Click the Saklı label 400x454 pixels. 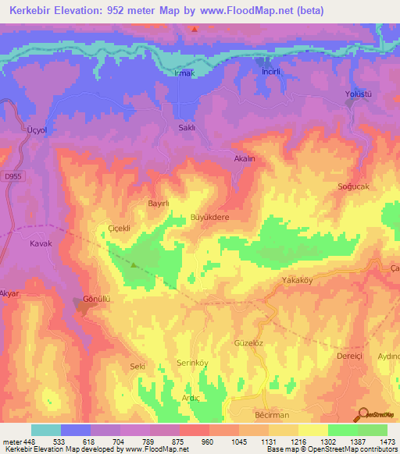click(187, 128)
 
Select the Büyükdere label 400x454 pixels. click(210, 218)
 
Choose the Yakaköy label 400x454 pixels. click(296, 278)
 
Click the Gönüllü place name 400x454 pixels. click(98, 300)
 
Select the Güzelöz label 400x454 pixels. click(249, 342)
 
